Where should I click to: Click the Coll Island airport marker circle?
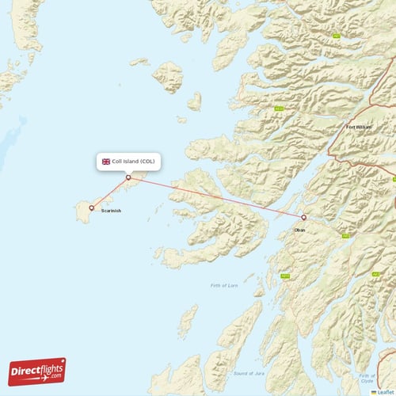(x=128, y=177)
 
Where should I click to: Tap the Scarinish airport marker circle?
(x=92, y=208)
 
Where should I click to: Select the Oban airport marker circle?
(x=304, y=217)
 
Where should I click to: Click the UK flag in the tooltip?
(x=105, y=162)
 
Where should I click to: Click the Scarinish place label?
(x=111, y=211)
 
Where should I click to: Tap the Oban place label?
(x=299, y=230)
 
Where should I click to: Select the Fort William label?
(x=358, y=127)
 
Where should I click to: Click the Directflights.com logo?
(x=37, y=371)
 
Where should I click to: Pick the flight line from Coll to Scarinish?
(x=110, y=193)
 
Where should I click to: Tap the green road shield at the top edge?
(x=337, y=36)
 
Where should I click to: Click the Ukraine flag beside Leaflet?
(x=374, y=392)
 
